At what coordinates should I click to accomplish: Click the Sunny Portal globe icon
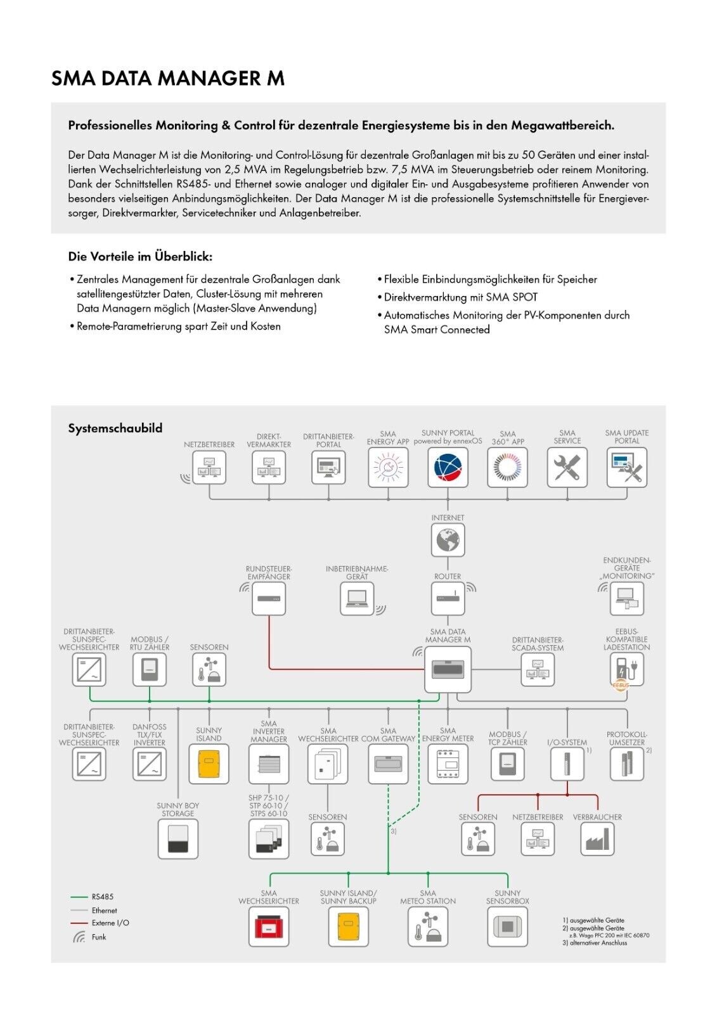tap(448, 468)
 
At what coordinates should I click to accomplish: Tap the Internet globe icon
tap(448, 541)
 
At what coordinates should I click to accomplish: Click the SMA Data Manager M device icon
tap(448, 670)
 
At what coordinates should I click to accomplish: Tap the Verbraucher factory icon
tap(597, 839)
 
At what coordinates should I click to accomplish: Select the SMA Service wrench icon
tap(567, 468)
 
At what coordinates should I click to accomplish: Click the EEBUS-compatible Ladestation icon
tap(626, 670)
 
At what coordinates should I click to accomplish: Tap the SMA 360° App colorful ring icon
tap(507, 468)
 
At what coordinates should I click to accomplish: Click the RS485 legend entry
tap(101, 897)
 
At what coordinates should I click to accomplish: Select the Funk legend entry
tap(98, 937)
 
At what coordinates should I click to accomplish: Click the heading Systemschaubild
tap(115, 428)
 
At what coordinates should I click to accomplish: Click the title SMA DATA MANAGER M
tap(167, 79)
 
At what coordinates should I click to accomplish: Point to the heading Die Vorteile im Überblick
tap(140, 257)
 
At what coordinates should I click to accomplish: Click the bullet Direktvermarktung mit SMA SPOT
tap(460, 297)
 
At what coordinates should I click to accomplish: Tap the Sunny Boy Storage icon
tap(178, 839)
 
